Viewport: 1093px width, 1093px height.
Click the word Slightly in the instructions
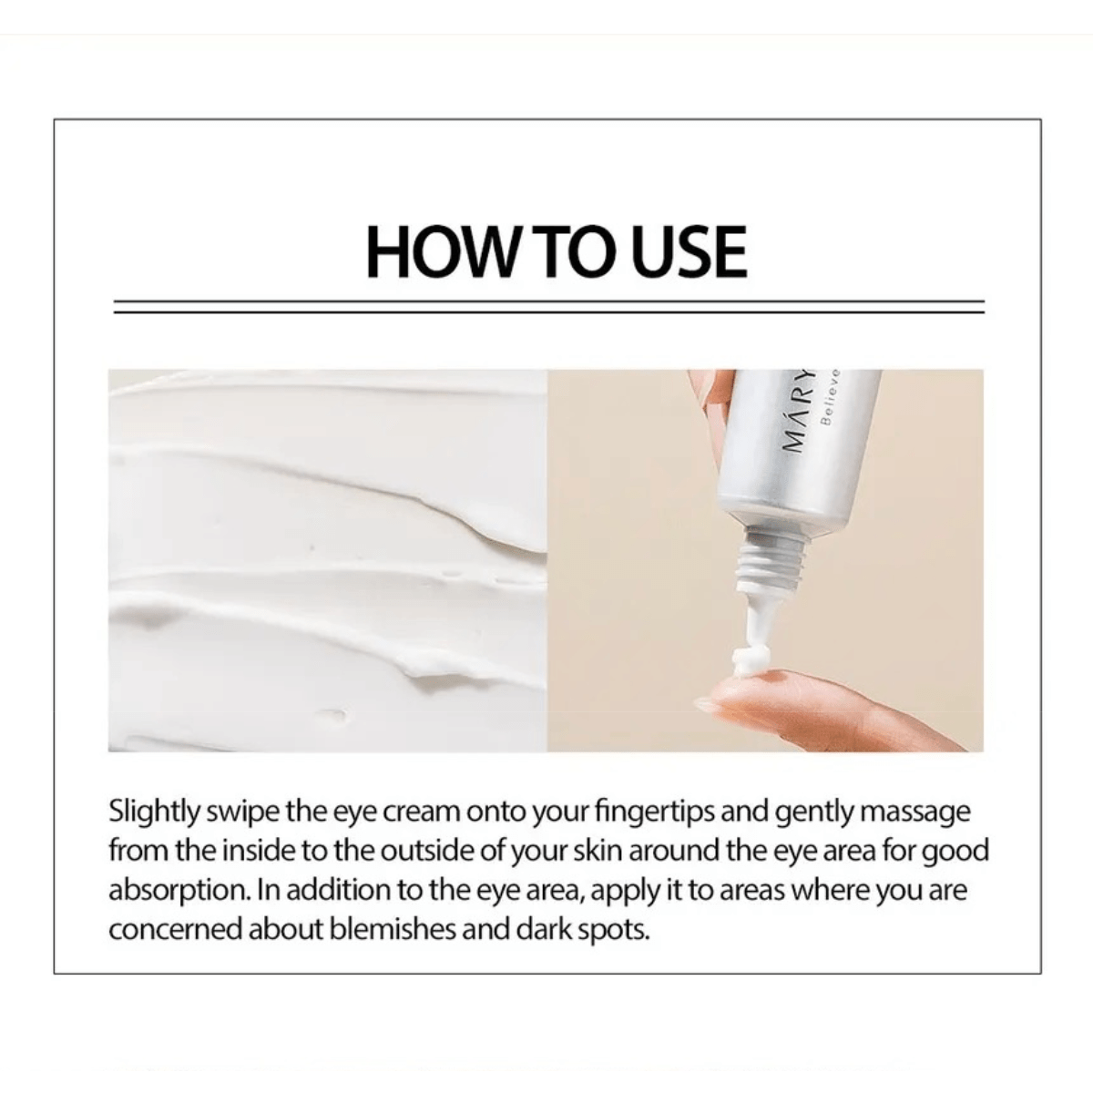154,812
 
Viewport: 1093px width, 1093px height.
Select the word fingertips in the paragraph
655,812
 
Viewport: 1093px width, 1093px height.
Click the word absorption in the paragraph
179,890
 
